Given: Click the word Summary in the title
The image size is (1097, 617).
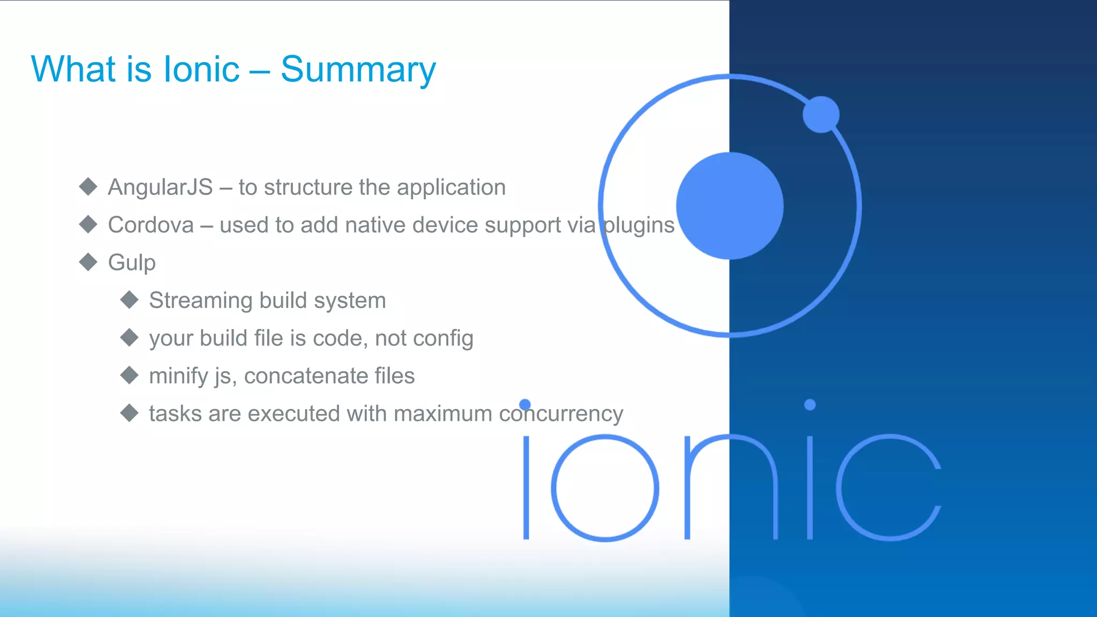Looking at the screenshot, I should [x=358, y=70].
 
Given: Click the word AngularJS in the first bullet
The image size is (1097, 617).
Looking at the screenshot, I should [x=160, y=187].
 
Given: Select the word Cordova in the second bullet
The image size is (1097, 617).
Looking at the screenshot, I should [x=151, y=225].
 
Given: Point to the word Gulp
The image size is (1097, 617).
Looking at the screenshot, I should [x=132, y=263].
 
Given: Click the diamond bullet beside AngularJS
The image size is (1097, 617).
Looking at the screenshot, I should [x=88, y=186].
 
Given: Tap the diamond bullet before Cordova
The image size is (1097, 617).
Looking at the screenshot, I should [x=88, y=224].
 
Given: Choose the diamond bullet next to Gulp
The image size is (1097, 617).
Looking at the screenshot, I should [x=88, y=262].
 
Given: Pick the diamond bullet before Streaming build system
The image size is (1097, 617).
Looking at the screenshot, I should [x=130, y=299].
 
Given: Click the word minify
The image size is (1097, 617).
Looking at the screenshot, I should [x=178, y=376].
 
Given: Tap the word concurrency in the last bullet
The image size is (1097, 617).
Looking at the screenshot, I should [x=561, y=414].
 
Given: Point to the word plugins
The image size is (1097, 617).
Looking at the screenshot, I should [x=638, y=225].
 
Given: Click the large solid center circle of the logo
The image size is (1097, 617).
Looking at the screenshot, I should [x=730, y=206].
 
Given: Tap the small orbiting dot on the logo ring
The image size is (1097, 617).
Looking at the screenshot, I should [x=821, y=114].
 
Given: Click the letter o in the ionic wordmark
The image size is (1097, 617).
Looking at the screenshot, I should [x=605, y=487].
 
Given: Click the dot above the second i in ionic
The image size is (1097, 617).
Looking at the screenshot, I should [x=810, y=404].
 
